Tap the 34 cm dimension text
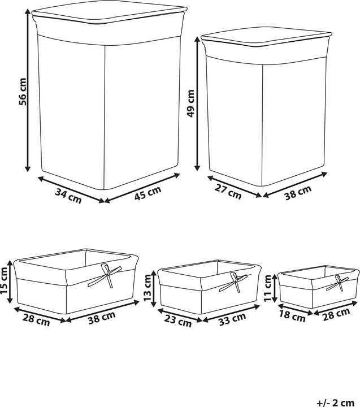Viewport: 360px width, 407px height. [x=68, y=196]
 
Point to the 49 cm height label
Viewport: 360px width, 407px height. [x=190, y=103]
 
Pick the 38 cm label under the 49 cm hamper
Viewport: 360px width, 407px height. [x=297, y=191]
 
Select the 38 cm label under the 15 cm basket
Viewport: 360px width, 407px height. [x=102, y=320]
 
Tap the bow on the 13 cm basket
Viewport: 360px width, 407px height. [x=236, y=281]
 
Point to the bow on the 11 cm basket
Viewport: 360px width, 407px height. [x=341, y=283]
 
